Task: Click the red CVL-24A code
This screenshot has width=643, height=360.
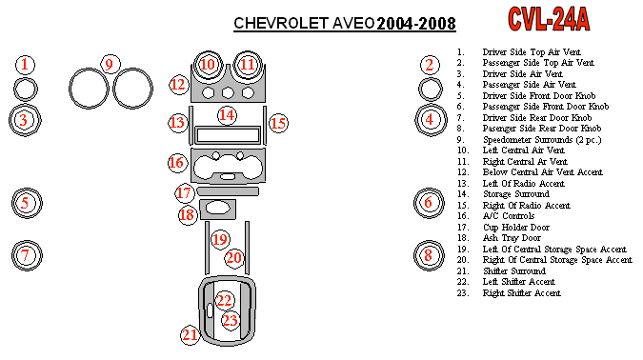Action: tap(549, 19)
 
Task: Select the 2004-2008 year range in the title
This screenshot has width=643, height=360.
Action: tap(416, 24)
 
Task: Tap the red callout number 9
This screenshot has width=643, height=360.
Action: tap(110, 65)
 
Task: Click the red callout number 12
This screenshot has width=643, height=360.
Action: tap(178, 85)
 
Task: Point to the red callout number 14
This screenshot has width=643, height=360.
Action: tap(227, 115)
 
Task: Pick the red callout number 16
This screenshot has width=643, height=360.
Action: tap(177, 162)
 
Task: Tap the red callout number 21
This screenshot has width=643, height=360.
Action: tap(190, 335)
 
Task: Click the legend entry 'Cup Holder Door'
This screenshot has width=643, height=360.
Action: tap(516, 228)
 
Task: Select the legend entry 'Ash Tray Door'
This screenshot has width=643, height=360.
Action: tap(512, 238)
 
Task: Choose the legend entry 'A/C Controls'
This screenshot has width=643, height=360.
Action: tap(509, 216)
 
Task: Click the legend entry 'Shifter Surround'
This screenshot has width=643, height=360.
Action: tap(514, 271)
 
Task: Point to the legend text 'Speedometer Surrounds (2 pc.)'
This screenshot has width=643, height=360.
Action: tap(542, 140)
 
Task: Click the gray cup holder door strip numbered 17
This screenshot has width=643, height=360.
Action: tap(228, 191)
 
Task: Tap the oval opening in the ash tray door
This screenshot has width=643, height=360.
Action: tap(218, 208)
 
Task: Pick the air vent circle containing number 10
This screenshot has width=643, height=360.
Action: tap(208, 53)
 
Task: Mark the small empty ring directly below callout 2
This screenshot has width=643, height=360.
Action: tap(431, 79)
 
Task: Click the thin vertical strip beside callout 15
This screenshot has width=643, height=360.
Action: tap(265, 126)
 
